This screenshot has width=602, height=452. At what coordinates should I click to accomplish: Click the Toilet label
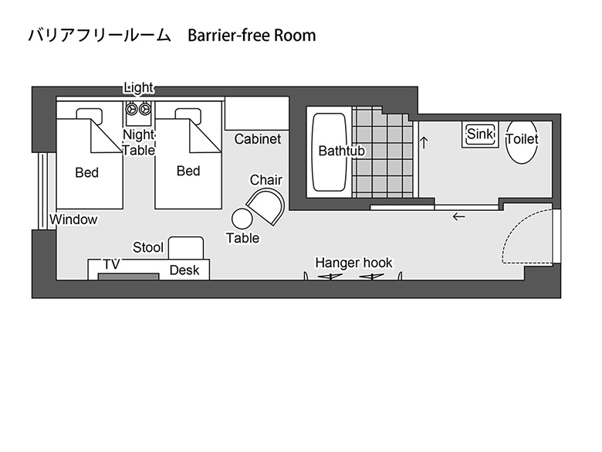click(x=523, y=139)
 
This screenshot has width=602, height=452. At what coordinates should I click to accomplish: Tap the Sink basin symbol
click(x=480, y=134)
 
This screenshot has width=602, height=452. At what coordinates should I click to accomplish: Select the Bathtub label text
click(x=341, y=151)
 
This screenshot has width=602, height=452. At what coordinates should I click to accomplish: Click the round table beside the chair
click(x=242, y=219)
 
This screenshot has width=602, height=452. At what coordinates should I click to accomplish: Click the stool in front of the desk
click(x=186, y=248)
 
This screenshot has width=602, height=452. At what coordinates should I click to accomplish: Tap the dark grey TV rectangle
click(x=128, y=277)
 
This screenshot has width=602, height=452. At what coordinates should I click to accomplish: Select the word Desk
click(x=184, y=270)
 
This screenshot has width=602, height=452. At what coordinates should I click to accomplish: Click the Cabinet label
click(x=258, y=139)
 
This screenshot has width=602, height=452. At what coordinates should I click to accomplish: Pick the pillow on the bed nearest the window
click(x=89, y=114)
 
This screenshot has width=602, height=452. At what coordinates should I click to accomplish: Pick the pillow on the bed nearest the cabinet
click(x=188, y=114)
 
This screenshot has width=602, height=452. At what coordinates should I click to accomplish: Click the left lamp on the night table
click(x=133, y=110)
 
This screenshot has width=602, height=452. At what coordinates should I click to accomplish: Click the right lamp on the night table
click(x=145, y=110)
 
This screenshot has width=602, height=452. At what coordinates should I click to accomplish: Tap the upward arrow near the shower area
click(x=424, y=142)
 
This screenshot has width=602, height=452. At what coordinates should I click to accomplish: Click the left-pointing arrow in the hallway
click(x=458, y=217)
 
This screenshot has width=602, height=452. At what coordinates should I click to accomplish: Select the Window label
click(x=73, y=220)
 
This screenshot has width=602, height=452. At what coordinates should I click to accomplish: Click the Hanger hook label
click(x=353, y=263)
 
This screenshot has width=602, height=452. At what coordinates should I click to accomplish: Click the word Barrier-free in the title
click(x=228, y=36)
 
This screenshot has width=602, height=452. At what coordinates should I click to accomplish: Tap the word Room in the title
click(x=295, y=36)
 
